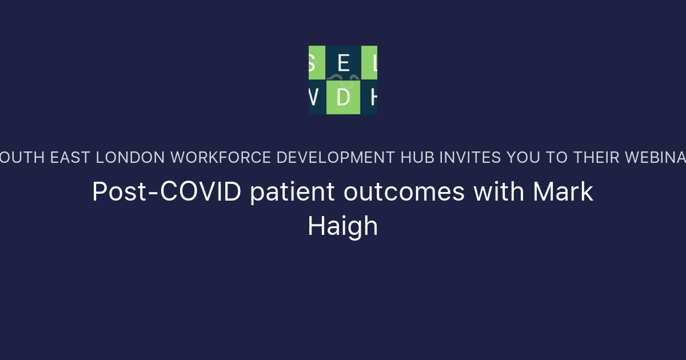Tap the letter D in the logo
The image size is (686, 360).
click(x=343, y=98)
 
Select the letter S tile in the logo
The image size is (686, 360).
click(x=316, y=63)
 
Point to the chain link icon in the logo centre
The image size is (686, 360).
click(x=343, y=79)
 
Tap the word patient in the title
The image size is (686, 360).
click(x=292, y=193)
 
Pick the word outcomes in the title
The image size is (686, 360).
click(x=404, y=193)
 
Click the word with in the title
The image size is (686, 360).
click(x=499, y=193)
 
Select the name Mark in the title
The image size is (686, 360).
click(x=563, y=193)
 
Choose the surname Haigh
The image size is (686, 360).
click(x=343, y=226)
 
